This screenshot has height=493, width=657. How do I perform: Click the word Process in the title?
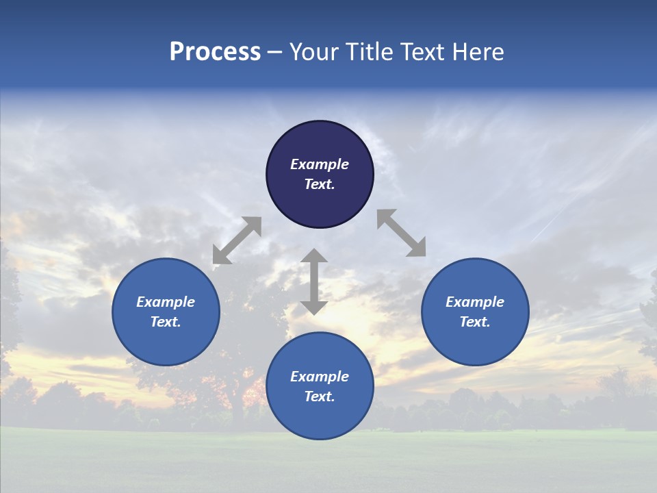215,52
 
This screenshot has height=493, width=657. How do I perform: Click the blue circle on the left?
166,312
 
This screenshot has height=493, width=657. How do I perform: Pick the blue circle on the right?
475,312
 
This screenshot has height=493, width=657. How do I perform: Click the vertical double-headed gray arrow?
314,281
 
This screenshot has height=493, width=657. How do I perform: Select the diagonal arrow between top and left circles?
237,240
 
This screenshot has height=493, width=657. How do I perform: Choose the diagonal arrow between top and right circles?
402,233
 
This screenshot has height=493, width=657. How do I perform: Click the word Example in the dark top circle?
320,164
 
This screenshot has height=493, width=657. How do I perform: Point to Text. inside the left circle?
166,322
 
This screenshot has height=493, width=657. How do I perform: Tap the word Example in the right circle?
475,302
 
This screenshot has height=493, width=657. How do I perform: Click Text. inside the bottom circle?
320,396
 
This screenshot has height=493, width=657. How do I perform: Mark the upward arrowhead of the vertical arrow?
314,257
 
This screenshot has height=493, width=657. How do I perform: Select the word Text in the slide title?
423,52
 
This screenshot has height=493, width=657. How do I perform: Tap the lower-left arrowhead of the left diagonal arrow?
220,256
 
